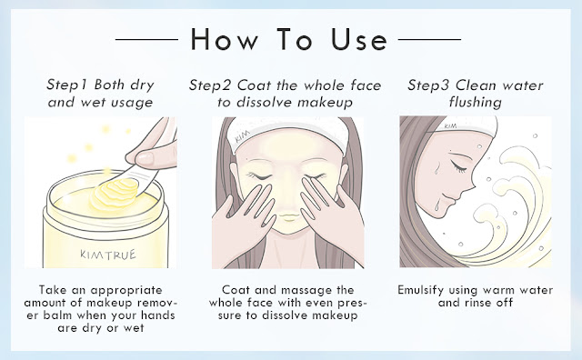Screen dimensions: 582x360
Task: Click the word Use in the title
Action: [359, 39]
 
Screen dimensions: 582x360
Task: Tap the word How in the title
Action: [225, 39]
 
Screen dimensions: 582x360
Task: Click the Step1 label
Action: [67, 85]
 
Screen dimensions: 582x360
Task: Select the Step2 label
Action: [210, 85]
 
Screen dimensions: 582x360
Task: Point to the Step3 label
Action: [428, 85]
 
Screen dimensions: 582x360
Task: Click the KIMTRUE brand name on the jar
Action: [108, 255]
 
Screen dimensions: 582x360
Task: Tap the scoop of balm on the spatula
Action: [115, 193]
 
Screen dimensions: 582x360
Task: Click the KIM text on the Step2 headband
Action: [243, 136]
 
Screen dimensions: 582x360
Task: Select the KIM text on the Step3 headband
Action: [450, 126]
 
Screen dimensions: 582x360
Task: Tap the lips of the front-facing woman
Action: [289, 216]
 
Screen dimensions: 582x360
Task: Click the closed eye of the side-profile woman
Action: [458, 167]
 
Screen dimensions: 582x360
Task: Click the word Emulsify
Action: [420, 290]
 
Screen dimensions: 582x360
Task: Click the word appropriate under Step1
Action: [126, 291]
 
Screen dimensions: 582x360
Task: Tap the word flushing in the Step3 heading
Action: [475, 102]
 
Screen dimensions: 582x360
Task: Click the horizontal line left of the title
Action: [147, 39]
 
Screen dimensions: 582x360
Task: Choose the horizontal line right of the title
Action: [429, 39]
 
